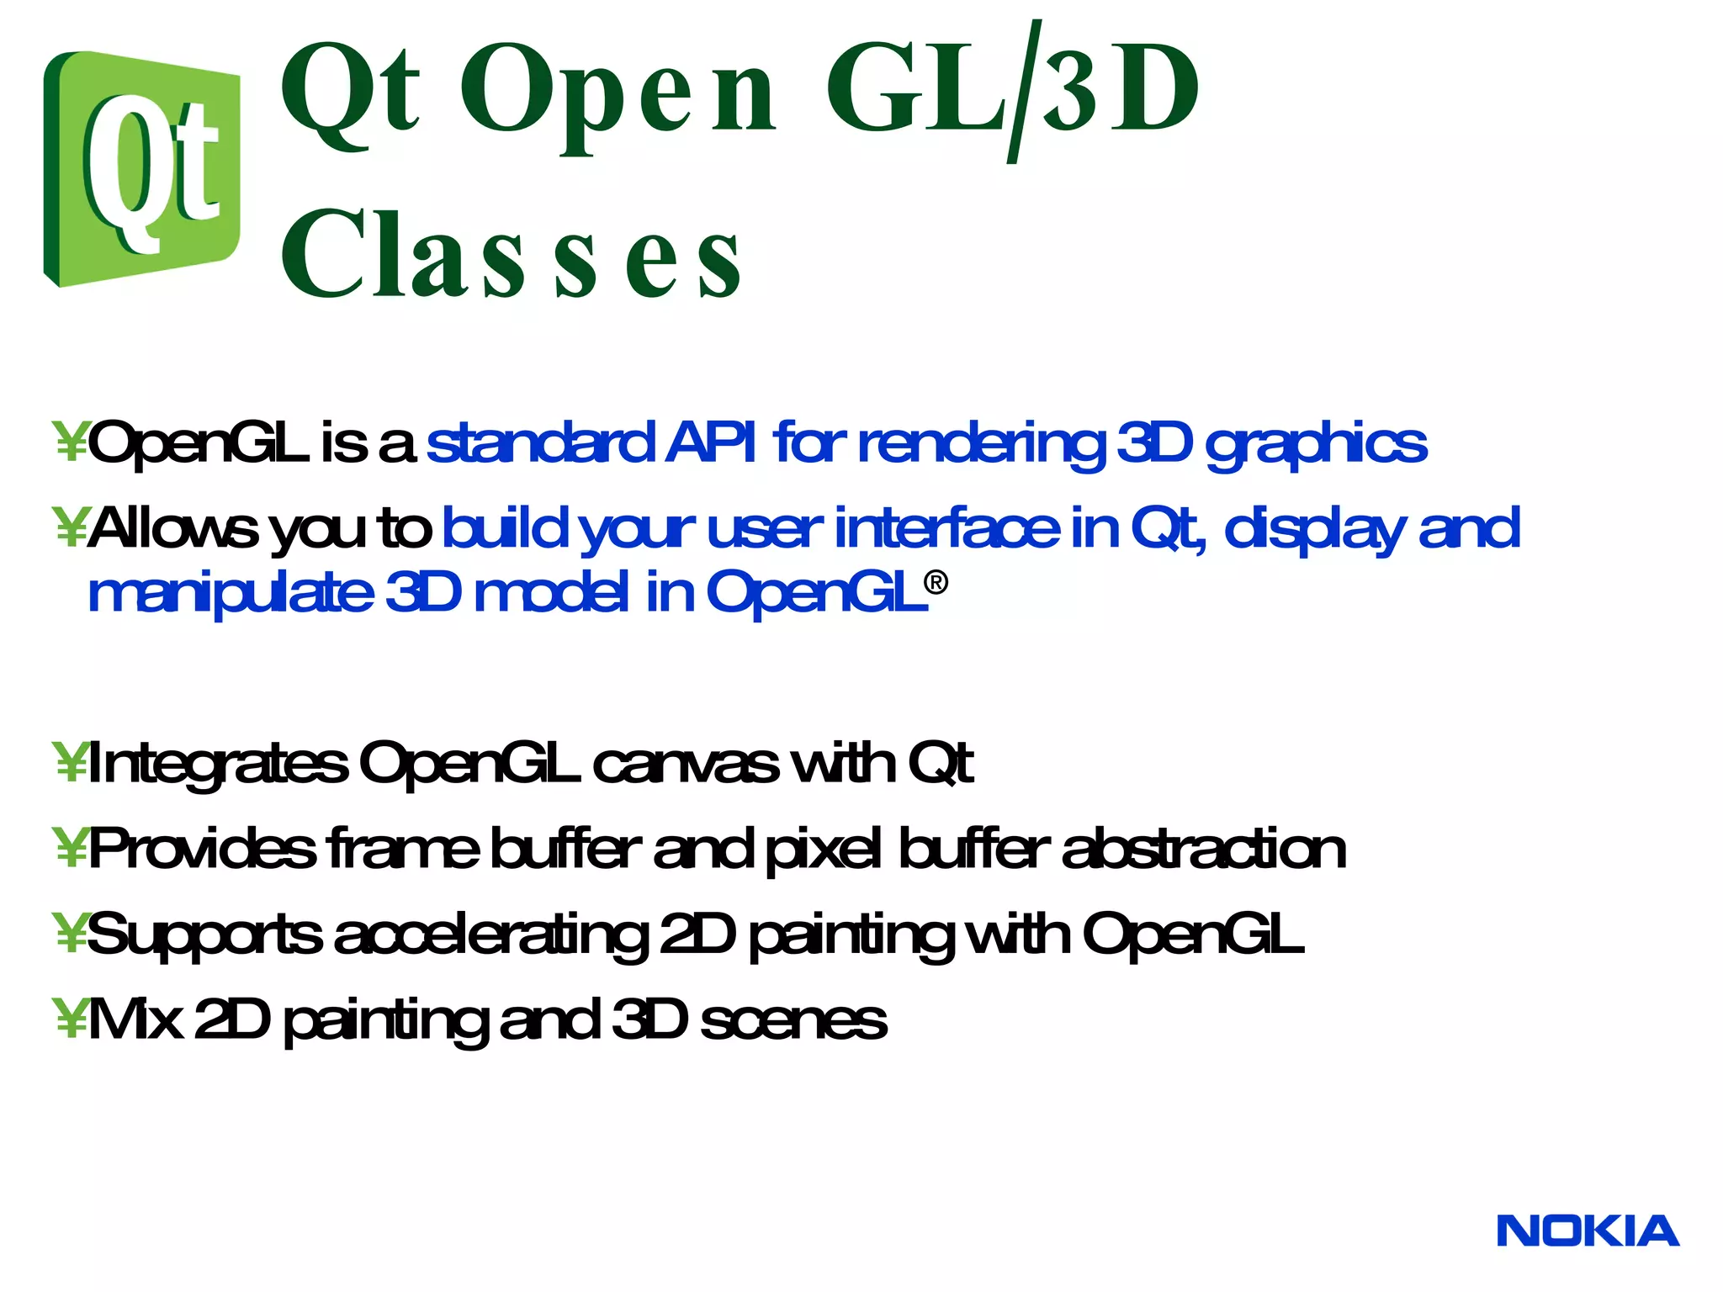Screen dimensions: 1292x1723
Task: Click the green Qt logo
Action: point(141,168)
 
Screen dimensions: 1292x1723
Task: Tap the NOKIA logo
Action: point(1587,1231)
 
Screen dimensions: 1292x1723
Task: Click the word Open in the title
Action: point(616,91)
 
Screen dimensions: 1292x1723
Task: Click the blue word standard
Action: point(540,442)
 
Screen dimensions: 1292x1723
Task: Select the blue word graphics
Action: point(1316,444)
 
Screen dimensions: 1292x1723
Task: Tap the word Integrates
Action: point(217,764)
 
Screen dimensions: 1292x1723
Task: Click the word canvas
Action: point(685,764)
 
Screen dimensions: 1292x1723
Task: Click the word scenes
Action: point(793,1019)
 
